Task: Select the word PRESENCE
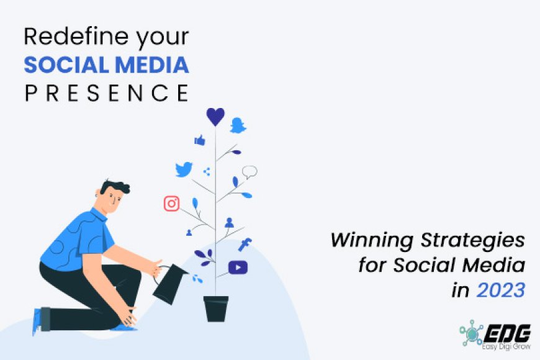pos(106,92)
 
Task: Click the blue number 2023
pos(501,290)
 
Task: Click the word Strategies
pos(473,240)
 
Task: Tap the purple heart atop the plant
pos(215,117)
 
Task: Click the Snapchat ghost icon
pos(238,125)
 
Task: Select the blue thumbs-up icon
pos(200,140)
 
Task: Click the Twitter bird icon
pos(184,169)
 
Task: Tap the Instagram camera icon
pos(171,203)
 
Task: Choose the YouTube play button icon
pos(238,268)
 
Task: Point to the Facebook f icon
pos(245,245)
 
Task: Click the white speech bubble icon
pos(250,171)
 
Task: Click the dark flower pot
pos(216,308)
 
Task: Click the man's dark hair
pos(115,187)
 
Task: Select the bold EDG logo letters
pos(507,333)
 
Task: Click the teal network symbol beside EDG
pos(472,333)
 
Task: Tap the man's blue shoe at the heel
pos(37,322)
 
